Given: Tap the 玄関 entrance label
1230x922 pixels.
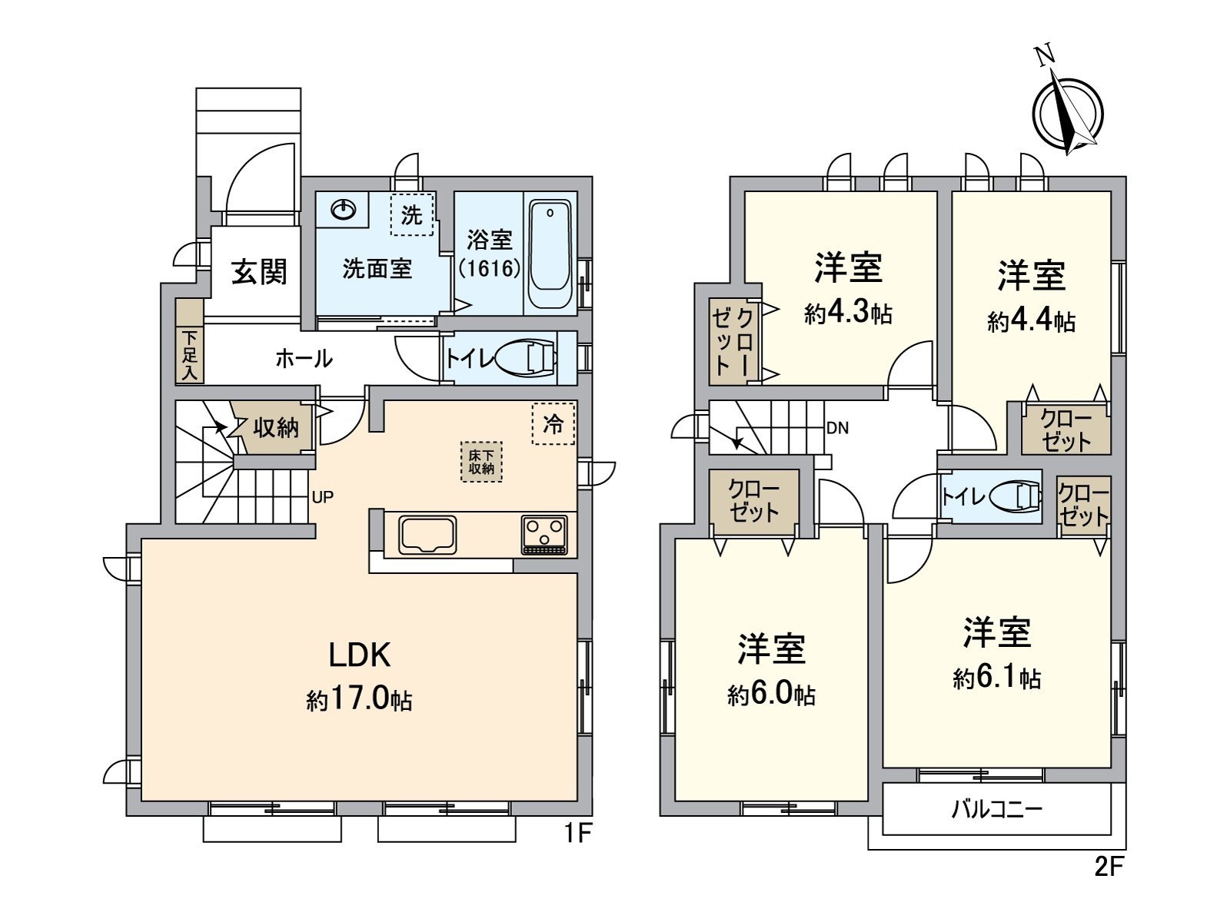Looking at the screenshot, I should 260,271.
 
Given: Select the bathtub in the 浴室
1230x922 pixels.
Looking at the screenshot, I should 550,254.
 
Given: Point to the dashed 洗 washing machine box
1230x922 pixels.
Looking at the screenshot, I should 412,215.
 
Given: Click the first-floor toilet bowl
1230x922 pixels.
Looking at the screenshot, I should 527,357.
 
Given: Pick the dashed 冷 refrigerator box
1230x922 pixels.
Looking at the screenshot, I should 553,423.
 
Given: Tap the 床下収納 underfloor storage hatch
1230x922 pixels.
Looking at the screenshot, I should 481,462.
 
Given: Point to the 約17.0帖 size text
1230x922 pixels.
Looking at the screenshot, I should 360,700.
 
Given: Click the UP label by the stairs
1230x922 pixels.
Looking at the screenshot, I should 323,497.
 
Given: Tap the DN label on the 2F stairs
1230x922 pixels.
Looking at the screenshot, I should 837,428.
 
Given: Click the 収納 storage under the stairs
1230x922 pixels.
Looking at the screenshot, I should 275,427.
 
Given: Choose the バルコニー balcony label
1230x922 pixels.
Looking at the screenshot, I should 996,809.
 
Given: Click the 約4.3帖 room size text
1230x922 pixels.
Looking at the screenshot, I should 848,313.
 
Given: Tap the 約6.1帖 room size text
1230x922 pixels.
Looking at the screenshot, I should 997,677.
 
